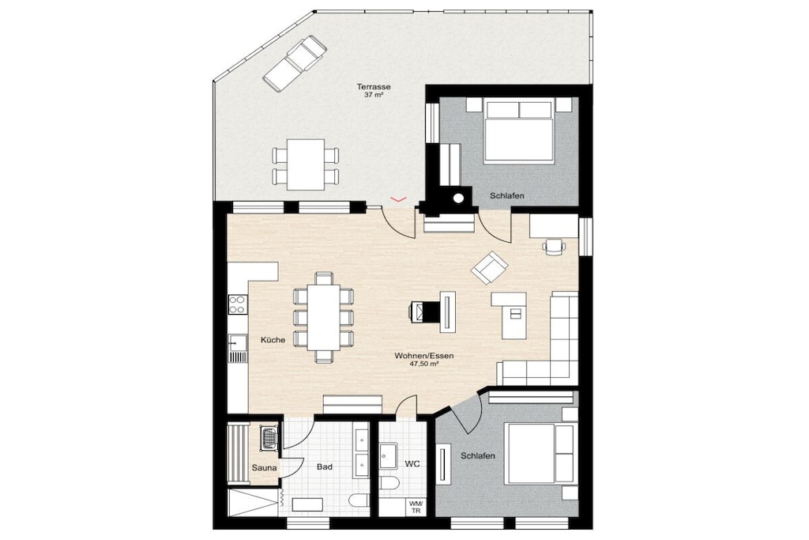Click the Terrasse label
click(x=374, y=87)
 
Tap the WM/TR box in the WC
click(x=416, y=507)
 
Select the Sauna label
click(x=264, y=468)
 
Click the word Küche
click(x=273, y=340)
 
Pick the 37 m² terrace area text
click(x=374, y=95)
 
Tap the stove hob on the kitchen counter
click(x=237, y=304)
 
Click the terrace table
click(x=306, y=164)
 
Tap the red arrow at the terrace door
click(x=398, y=198)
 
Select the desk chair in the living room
click(x=554, y=246)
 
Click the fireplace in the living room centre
click(x=423, y=311)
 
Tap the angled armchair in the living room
click(x=489, y=267)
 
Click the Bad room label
click(x=324, y=466)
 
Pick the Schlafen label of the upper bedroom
click(x=507, y=195)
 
